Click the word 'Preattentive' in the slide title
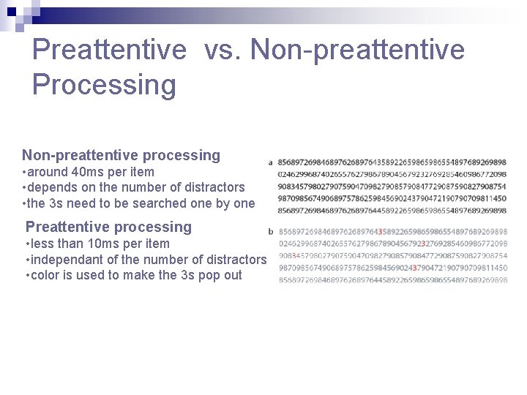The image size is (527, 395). point(110,50)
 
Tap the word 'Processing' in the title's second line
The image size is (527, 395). point(104,85)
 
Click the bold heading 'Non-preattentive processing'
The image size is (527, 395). point(121,155)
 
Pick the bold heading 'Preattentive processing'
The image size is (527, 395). point(108,227)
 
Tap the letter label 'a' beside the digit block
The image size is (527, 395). point(271,162)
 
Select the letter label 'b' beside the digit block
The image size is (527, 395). point(271,232)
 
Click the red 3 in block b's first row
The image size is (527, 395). point(380,232)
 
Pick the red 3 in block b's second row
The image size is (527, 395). point(424,244)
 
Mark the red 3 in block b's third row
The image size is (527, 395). point(294,256)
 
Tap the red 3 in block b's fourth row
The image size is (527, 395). point(414,268)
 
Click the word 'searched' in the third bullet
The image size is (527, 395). point(162,203)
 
